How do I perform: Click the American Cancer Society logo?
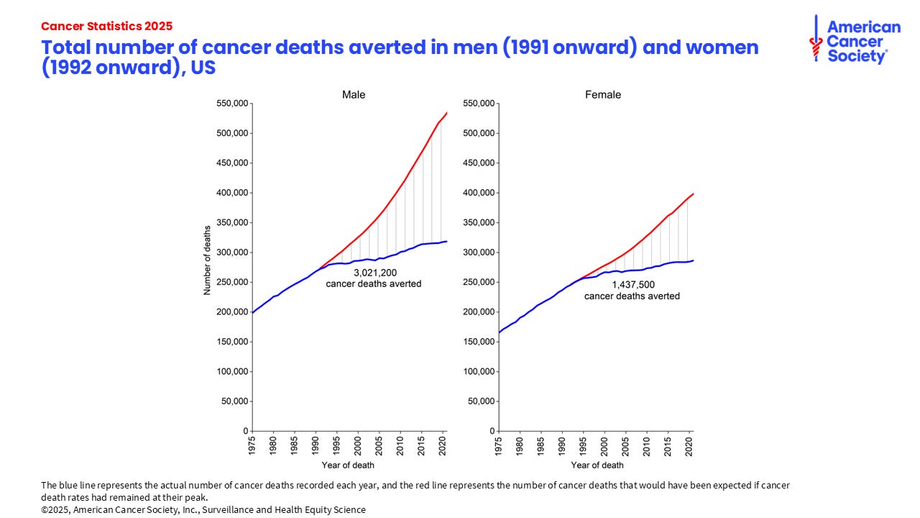point(855,40)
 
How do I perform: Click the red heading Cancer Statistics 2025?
point(106,26)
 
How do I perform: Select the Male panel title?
point(353,94)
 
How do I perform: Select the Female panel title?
point(602,94)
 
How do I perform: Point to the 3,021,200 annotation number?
point(374,273)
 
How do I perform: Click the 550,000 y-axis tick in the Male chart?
point(231,104)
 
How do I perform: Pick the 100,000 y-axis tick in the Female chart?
point(479,371)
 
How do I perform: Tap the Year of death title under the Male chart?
point(348,465)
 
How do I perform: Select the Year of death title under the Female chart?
point(597,465)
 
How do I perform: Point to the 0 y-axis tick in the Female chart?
point(492,431)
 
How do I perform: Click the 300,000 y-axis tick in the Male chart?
point(231,253)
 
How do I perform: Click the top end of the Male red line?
point(447,112)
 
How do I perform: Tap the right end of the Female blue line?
point(694,260)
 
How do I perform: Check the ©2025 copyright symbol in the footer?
point(45,509)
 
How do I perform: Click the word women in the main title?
point(710,47)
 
